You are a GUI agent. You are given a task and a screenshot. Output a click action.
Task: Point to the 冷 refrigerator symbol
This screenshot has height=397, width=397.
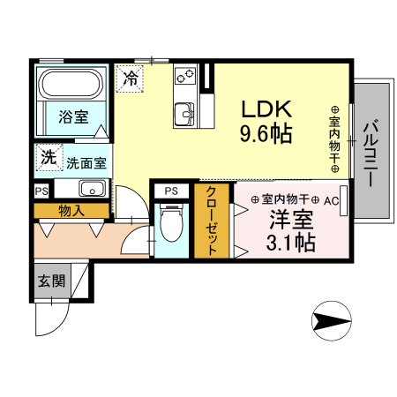pos(130,78)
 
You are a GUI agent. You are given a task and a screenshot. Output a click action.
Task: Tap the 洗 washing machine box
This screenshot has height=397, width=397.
pos(46,158)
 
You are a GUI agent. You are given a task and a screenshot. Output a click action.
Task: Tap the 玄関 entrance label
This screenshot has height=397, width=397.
pos(50,282)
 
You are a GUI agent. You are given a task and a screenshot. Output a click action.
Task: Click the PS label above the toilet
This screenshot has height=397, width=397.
pos(171,191)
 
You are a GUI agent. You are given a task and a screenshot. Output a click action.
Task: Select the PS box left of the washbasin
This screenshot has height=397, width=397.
pos(41,190)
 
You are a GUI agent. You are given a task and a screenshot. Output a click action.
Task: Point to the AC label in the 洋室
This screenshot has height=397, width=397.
pos(331,200)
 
